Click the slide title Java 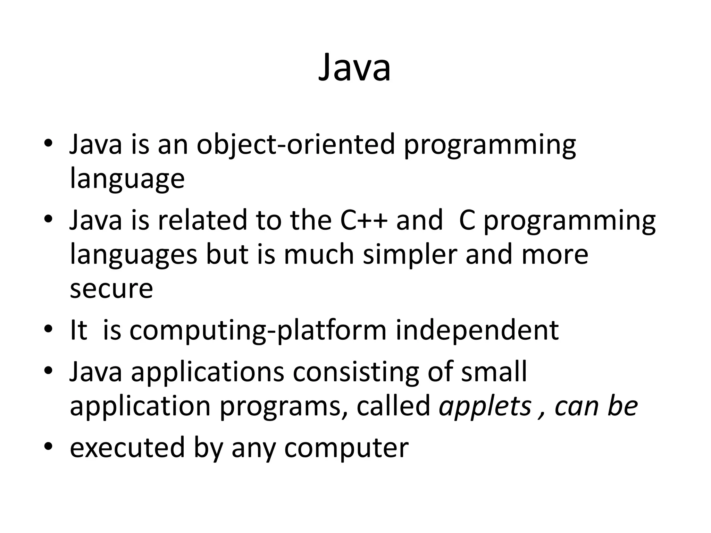[x=354, y=68]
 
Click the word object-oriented [x=296, y=144]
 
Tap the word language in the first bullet [x=127, y=179]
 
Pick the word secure [x=111, y=289]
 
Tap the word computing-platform [x=258, y=330]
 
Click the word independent [x=477, y=330]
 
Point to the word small [x=494, y=372]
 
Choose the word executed [x=127, y=448]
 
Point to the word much [x=319, y=255]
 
